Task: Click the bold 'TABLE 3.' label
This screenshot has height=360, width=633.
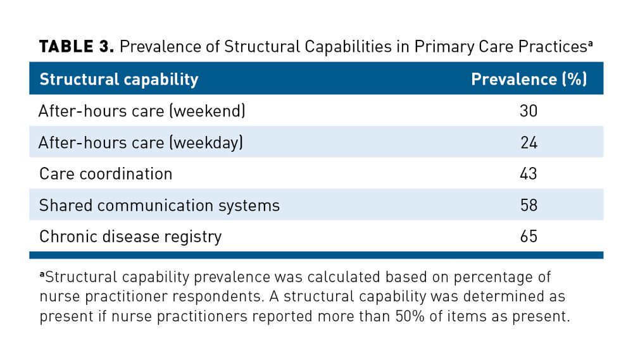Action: (x=76, y=47)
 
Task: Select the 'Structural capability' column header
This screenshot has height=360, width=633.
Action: (x=118, y=80)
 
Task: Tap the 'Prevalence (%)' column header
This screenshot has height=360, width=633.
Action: (x=529, y=80)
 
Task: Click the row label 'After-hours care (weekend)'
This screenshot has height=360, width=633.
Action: (x=142, y=111)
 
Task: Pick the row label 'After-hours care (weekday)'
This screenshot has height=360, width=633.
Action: (x=141, y=143)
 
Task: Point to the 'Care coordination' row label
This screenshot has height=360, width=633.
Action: (x=106, y=174)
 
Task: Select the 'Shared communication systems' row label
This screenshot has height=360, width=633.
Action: (x=159, y=206)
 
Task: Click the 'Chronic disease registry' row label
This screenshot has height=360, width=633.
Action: (x=130, y=237)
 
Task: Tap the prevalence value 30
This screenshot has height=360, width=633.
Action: (x=529, y=111)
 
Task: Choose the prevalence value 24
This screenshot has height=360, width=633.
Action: (x=529, y=143)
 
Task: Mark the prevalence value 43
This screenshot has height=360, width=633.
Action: (x=529, y=174)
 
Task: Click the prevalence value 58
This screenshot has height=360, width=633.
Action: (x=529, y=206)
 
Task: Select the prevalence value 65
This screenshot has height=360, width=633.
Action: (x=529, y=237)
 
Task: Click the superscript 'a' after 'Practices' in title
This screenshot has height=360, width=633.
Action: (x=590, y=44)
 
